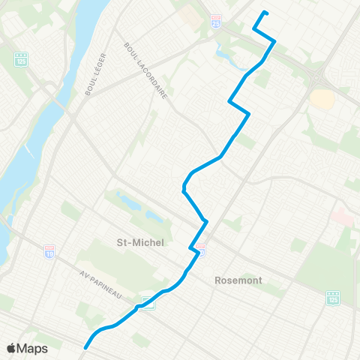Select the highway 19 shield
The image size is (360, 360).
tap(49, 250)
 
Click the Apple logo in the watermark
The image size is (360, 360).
tap(12, 348)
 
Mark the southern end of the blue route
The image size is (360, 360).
tap(85, 347)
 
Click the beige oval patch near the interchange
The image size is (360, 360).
tap(322, 98)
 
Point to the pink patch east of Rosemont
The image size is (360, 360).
tap(342, 217)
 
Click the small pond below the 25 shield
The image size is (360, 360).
tap(223, 52)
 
